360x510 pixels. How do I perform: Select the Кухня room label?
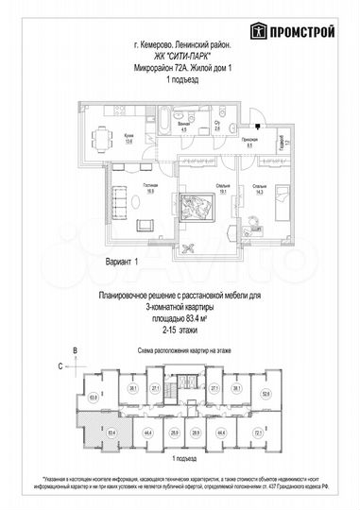129,137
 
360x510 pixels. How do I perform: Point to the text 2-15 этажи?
180,331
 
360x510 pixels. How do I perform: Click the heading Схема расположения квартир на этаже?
180,349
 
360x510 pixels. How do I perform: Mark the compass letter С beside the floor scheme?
59,364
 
